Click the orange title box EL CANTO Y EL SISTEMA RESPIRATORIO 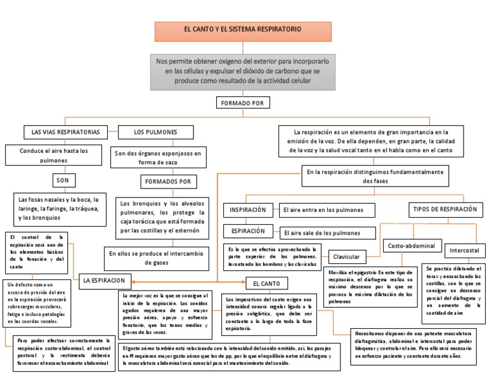pos(242,30)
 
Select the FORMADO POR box pos(243,102)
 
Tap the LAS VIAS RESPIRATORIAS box pos(62,132)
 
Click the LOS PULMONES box pos(156,132)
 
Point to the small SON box pos(62,180)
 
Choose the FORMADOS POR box pos(168,182)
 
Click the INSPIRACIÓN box pos(248,209)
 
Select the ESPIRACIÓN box pos(248,230)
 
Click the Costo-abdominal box pos(411,245)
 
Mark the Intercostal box pos(465,251)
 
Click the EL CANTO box pos(266,282)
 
